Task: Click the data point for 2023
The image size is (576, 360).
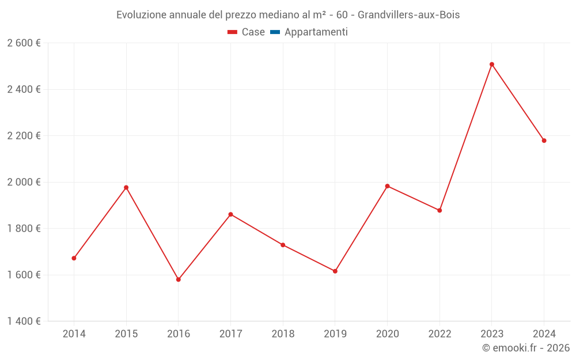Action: coord(491,65)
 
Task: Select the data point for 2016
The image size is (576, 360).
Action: coord(179,279)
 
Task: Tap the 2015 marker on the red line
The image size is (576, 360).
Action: coord(126,188)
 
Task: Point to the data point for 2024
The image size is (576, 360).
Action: coord(544,141)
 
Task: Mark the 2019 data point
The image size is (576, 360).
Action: coord(335,271)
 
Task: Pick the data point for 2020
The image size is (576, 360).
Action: coord(387,186)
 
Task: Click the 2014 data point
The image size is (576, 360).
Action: coord(74,258)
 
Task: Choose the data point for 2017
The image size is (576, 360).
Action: coord(230,214)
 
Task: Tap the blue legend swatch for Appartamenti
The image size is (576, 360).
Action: coord(275,32)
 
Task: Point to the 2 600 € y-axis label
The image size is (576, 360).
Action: coord(24,43)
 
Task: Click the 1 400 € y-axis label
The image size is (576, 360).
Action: coord(24,321)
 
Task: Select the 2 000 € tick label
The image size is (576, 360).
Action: coord(24,182)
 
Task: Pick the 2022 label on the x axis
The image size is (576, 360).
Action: coord(439,334)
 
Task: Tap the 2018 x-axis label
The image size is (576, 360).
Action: coord(283,334)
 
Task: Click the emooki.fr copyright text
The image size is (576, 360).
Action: coord(526,348)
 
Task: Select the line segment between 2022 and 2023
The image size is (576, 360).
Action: coord(465,138)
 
